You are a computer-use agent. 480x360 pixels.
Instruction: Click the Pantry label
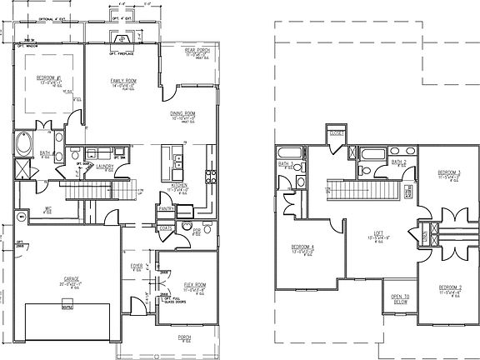click(x=167, y=209)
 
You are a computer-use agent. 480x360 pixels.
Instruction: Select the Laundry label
click(x=105, y=166)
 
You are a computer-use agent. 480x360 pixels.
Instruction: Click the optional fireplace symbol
click(x=122, y=37)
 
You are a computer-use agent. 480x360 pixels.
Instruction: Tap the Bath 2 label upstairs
click(x=399, y=161)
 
